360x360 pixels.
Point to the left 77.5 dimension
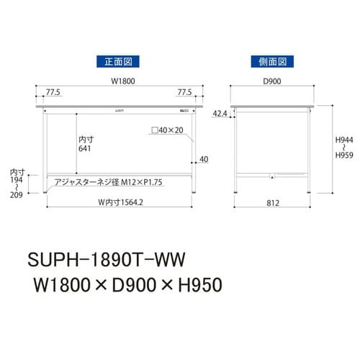tap(53, 93)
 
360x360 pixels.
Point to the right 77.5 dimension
tap(184, 93)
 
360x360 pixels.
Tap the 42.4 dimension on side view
tap(220, 114)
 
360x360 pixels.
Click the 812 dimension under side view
tap(271, 203)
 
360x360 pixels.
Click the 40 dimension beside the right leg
tap(204, 159)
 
